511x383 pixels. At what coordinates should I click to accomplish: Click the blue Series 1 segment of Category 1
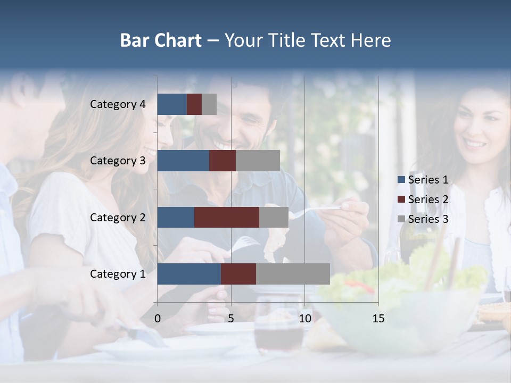pos(189,274)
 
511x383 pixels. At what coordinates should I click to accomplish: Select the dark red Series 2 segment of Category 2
pos(227,218)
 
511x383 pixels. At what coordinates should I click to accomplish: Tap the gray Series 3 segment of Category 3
pos(258,161)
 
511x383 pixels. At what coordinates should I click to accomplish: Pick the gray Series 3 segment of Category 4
pos(209,104)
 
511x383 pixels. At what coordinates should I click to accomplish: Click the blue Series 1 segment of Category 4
pos(172,104)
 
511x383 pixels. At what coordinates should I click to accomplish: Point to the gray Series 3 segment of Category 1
pos(293,274)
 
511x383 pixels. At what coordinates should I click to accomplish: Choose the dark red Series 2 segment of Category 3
pos(222,161)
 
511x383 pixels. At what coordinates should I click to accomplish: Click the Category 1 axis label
pos(118,274)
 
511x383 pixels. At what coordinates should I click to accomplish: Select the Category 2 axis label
pos(118,218)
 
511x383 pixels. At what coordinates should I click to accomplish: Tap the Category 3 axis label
pos(118,161)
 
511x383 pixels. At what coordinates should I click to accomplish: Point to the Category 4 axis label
pos(118,104)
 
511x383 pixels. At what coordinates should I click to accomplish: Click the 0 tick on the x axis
pos(158,319)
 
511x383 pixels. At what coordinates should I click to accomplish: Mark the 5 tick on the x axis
pos(231,319)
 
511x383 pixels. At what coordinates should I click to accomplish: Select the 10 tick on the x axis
pos(304,319)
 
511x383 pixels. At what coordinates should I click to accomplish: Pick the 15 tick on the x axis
pos(378,319)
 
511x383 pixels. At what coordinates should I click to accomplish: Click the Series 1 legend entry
pos(423,180)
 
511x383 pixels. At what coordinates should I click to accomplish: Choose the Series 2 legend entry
pos(423,199)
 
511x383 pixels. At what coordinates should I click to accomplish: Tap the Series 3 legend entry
pos(423,219)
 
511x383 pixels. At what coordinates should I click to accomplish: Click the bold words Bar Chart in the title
pos(161,40)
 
